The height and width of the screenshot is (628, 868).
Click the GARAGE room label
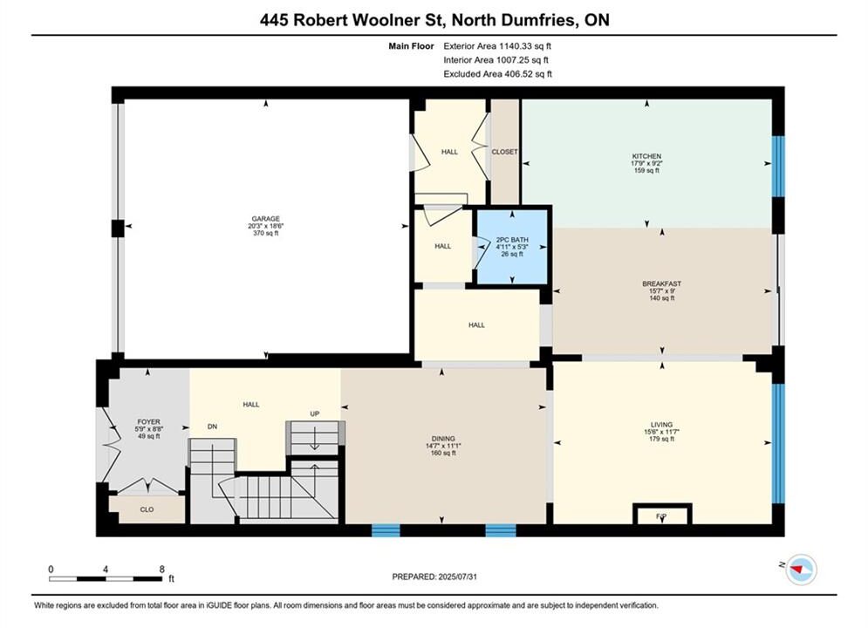click(266, 219)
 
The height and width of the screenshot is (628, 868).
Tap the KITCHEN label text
click(646, 156)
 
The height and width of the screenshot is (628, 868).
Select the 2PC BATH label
click(512, 240)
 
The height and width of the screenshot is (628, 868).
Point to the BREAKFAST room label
click(661, 283)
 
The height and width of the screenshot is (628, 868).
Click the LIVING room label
click(661, 425)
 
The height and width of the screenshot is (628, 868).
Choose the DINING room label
click(443, 438)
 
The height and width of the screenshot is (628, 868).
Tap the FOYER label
click(148, 421)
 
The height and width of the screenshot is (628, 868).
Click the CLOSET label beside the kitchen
click(504, 152)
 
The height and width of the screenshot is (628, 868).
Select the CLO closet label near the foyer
click(147, 509)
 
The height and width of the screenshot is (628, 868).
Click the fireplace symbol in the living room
click(662, 514)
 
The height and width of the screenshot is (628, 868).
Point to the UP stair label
click(314, 414)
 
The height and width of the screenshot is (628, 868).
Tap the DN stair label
click(212, 427)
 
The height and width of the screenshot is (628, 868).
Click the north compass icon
click(801, 569)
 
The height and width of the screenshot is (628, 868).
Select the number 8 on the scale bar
click(161, 569)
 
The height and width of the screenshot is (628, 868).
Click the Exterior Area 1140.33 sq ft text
click(497, 46)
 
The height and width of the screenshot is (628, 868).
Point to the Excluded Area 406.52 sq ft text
click(497, 73)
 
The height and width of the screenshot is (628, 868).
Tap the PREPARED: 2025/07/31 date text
click(434, 577)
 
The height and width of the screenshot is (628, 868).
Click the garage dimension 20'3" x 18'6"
click(266, 226)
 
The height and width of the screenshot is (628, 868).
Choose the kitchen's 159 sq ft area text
click(646, 170)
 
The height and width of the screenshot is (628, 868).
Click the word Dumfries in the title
click(536, 20)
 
